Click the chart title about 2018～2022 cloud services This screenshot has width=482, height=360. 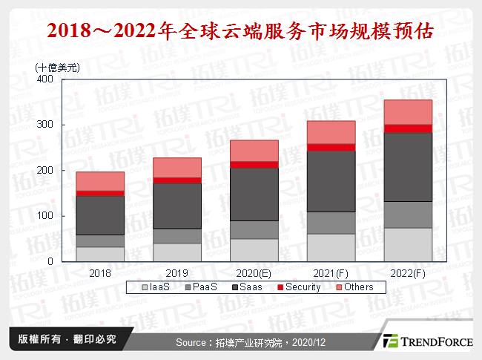pyautogui.click(x=240, y=33)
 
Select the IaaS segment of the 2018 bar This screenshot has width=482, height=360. pyautogui.click(x=100, y=254)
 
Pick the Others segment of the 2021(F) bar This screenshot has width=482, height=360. pyautogui.click(x=331, y=132)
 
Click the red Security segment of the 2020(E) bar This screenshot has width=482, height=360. pyautogui.click(x=254, y=165)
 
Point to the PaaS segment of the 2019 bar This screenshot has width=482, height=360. pyautogui.click(x=177, y=236)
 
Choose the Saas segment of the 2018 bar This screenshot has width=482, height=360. pyautogui.click(x=100, y=215)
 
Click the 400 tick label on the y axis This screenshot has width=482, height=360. pyautogui.click(x=44, y=79)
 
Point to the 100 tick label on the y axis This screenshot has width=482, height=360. pyautogui.click(x=44, y=216)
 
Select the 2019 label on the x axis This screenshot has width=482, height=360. pyautogui.click(x=177, y=273)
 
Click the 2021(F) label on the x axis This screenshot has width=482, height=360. pyautogui.click(x=331, y=273)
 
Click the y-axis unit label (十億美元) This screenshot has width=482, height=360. pyautogui.click(x=58, y=67)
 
